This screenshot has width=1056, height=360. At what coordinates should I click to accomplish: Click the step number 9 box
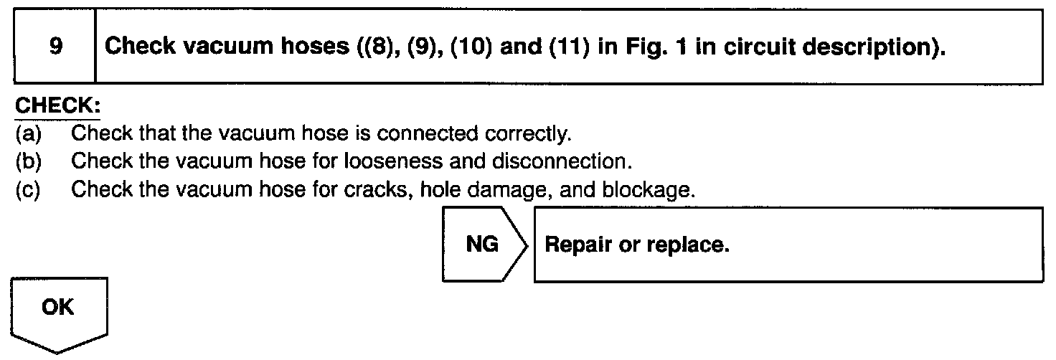[x=55, y=47]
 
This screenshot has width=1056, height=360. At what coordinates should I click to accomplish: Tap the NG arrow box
[x=483, y=245]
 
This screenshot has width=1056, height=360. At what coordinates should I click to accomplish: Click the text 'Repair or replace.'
[x=637, y=245]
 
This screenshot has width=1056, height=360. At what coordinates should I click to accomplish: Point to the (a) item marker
[x=28, y=133]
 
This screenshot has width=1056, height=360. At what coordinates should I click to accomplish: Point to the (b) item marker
[x=28, y=162]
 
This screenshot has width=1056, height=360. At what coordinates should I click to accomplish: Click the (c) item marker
[x=28, y=191]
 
